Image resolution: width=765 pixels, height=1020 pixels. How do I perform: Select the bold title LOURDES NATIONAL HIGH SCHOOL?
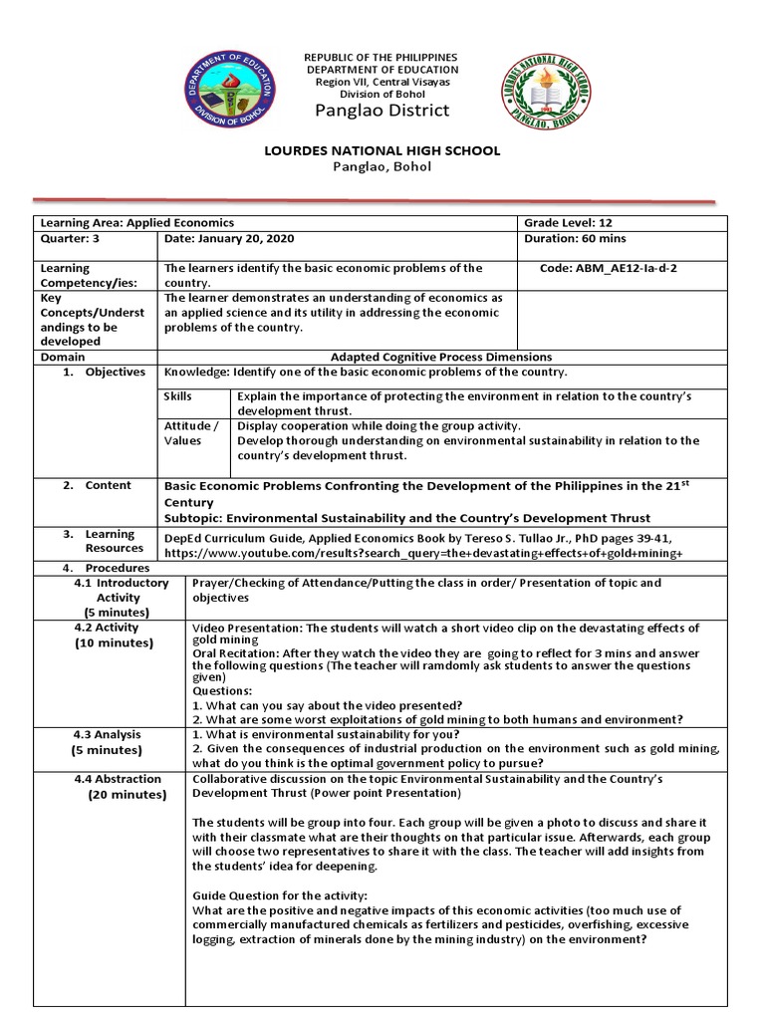(x=382, y=150)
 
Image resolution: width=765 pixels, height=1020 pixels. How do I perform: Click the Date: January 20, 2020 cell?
(x=229, y=239)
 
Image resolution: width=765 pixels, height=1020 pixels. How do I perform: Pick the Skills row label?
(x=178, y=396)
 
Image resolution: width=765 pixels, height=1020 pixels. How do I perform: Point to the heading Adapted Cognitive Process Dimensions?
(x=441, y=357)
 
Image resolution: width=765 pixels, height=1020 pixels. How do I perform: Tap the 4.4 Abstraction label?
(x=118, y=779)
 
